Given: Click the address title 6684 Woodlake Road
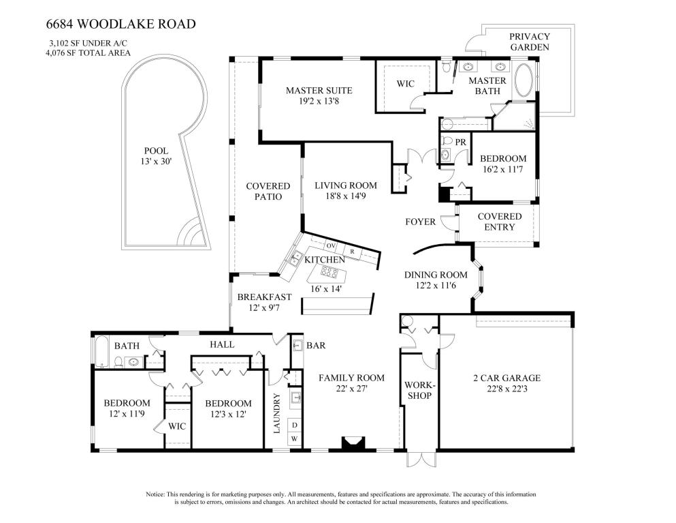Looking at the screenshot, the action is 120,25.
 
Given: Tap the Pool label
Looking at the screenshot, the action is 156,151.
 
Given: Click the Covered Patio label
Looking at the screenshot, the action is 268,192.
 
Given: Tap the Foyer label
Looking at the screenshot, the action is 420,222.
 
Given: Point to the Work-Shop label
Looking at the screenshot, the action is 419,390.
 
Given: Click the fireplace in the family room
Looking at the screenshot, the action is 353,444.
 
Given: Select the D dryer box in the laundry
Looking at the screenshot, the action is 295,425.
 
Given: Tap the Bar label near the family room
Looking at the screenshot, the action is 315,346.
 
